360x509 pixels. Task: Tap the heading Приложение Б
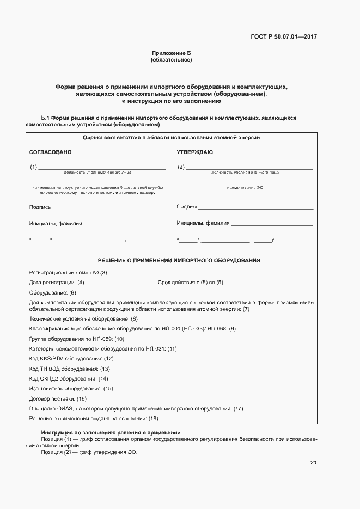pyautogui.click(x=171, y=53)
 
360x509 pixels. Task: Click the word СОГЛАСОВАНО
pyautogui.click(x=50, y=152)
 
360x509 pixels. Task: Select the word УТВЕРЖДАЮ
pyautogui.click(x=194, y=152)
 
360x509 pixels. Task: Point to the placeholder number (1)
pyautogui.click(x=33, y=167)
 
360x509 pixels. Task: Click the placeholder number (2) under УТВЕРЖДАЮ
pyautogui.click(x=181, y=167)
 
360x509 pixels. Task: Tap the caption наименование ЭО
pyautogui.click(x=245, y=187)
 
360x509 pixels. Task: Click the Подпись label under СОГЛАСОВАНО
pyautogui.click(x=39, y=207)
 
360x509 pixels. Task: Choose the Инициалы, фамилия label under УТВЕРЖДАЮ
pyautogui.click(x=203, y=223)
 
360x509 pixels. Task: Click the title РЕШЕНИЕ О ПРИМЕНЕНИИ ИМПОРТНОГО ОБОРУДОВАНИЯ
pyautogui.click(x=171, y=260)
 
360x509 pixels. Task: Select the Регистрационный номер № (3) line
pyautogui.click(x=68, y=272)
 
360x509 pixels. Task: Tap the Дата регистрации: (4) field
pyautogui.click(x=56, y=283)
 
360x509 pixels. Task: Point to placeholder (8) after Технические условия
pyautogui.click(x=134, y=318)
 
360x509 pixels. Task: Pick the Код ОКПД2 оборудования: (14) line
pyautogui.click(x=68, y=378)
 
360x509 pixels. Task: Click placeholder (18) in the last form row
pyautogui.click(x=153, y=418)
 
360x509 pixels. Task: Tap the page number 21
pyautogui.click(x=313, y=463)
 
